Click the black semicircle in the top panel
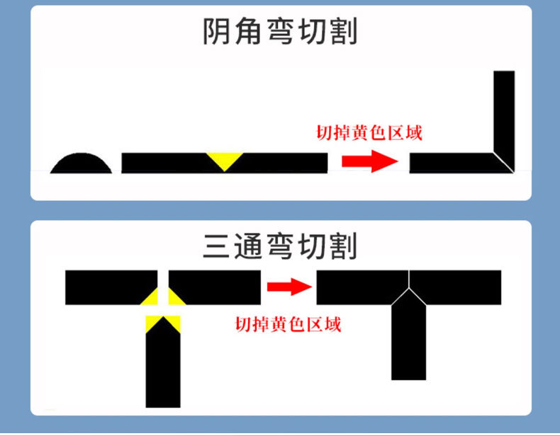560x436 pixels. tap(81, 165)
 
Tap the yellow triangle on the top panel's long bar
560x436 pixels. tap(224, 159)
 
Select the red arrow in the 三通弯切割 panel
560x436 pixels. tap(289, 287)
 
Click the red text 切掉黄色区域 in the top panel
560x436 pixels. tap(369, 132)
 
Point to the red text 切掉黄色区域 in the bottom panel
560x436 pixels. tap(288, 324)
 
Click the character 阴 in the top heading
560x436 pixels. tap(218, 32)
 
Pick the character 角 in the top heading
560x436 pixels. tap(249, 32)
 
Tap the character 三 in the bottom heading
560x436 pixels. tap(218, 245)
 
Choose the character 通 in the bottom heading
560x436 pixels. tap(249, 245)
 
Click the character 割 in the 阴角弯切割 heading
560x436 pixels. tap(343, 32)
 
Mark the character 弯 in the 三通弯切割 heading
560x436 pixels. tap(280, 245)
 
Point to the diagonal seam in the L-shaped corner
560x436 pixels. tap(505, 162)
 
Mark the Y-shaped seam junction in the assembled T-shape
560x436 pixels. tap(408, 288)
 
